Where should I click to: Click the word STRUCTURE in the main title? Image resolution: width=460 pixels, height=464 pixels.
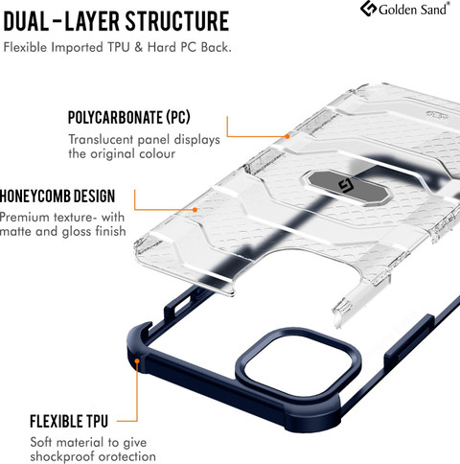177,21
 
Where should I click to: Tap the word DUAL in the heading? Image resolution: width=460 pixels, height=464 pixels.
26,21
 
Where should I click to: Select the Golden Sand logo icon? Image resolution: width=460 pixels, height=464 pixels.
368,9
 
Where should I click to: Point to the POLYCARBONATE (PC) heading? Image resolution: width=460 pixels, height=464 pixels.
128,117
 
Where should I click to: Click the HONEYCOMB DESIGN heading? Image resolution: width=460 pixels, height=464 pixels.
57,196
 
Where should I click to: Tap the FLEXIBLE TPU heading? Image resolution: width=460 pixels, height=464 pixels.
69,421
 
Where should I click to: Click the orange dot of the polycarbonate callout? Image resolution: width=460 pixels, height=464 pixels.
287,136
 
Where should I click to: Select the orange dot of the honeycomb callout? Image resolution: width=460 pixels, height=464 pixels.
195,210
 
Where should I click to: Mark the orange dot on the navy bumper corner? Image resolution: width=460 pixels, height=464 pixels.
137,361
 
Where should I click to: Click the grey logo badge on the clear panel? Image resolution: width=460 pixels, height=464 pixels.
347,187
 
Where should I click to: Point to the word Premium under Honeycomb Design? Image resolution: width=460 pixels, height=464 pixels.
24,218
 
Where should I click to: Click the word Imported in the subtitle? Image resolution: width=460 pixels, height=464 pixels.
77,48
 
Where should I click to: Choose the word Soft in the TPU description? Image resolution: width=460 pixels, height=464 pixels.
40,442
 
